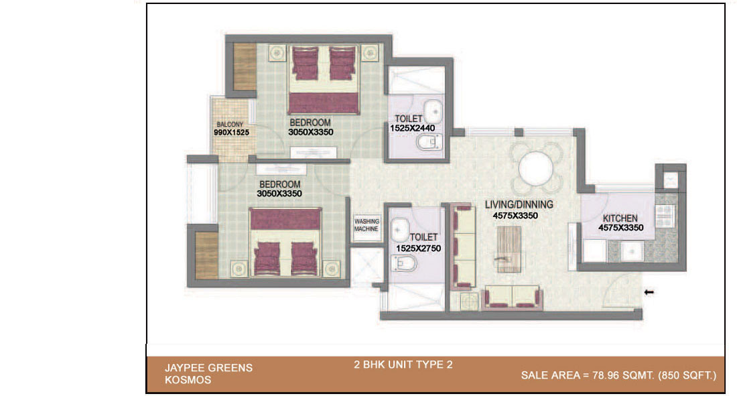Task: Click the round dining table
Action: (535, 169)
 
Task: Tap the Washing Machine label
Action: (366, 225)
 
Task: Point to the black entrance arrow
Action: (649, 292)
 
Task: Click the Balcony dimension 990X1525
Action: (231, 133)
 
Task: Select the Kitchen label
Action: (620, 218)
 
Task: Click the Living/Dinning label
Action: (519, 204)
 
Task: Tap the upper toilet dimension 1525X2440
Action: (412, 128)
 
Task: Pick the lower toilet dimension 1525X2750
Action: (418, 249)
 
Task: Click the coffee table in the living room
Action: (509, 249)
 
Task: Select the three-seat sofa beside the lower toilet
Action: (462, 246)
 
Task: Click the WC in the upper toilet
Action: (429, 141)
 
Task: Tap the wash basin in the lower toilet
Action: (400, 230)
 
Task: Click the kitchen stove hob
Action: (665, 216)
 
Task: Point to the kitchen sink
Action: (632, 251)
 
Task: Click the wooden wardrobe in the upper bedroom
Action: (245, 66)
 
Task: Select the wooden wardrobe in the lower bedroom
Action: (206, 255)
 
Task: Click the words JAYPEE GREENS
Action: (208, 368)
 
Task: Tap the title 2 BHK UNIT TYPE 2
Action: (403, 365)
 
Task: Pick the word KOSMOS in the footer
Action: (188, 380)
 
